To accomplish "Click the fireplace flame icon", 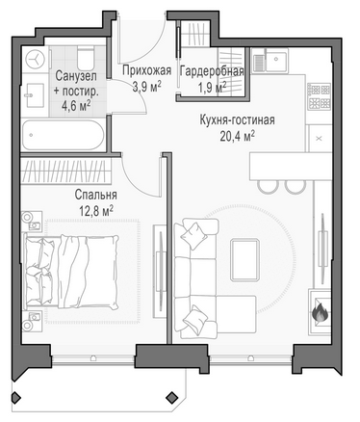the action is (320, 312).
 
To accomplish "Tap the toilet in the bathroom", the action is (86, 58).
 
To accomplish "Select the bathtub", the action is (63, 135).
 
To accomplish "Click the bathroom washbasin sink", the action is (35, 95).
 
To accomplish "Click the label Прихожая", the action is (147, 70).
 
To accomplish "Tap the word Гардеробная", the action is (212, 71).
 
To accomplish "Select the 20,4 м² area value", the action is (238, 137).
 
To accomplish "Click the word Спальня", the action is (96, 195).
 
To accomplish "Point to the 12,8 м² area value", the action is (96, 210).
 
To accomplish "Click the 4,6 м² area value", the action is (76, 106).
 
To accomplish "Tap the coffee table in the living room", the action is (245, 259).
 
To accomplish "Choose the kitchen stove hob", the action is (319, 95).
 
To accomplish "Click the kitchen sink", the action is (270, 60).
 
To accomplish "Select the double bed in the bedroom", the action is (71, 272).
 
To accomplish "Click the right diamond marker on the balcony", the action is (172, 397).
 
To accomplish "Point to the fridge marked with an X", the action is (320, 139).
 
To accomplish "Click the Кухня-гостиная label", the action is (238, 120).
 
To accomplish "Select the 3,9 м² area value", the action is (147, 86).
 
